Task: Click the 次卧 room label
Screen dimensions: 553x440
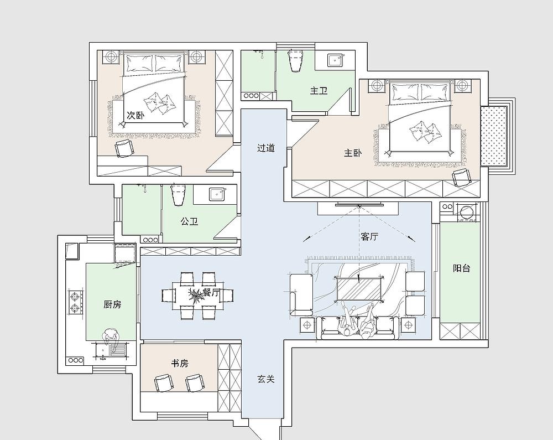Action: [x=135, y=115]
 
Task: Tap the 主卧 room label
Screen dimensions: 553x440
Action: [x=353, y=153]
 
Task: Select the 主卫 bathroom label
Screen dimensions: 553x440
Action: [x=319, y=91]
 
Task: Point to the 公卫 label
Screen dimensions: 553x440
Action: [x=189, y=221]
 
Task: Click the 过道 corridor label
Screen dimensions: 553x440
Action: [x=265, y=148]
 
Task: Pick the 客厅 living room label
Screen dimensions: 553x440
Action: [x=369, y=236]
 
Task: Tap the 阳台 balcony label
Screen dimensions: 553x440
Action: [x=461, y=268]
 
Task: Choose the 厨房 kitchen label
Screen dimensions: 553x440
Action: [x=112, y=304]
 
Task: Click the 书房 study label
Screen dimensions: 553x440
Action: [x=180, y=363]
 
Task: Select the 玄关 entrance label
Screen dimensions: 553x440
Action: [x=265, y=379]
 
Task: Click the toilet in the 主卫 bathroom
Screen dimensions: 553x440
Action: [x=295, y=60]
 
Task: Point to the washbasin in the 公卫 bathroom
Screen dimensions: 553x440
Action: [x=216, y=194]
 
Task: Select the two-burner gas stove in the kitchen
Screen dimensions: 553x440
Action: [x=75, y=302]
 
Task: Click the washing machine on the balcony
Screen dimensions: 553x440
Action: [x=467, y=212]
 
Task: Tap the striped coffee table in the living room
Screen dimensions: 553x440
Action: [x=358, y=288]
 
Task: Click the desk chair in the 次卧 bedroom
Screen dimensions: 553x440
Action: [x=124, y=148]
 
